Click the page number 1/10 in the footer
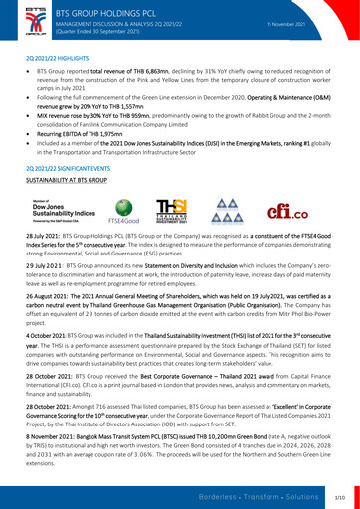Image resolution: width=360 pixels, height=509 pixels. (339, 494)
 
